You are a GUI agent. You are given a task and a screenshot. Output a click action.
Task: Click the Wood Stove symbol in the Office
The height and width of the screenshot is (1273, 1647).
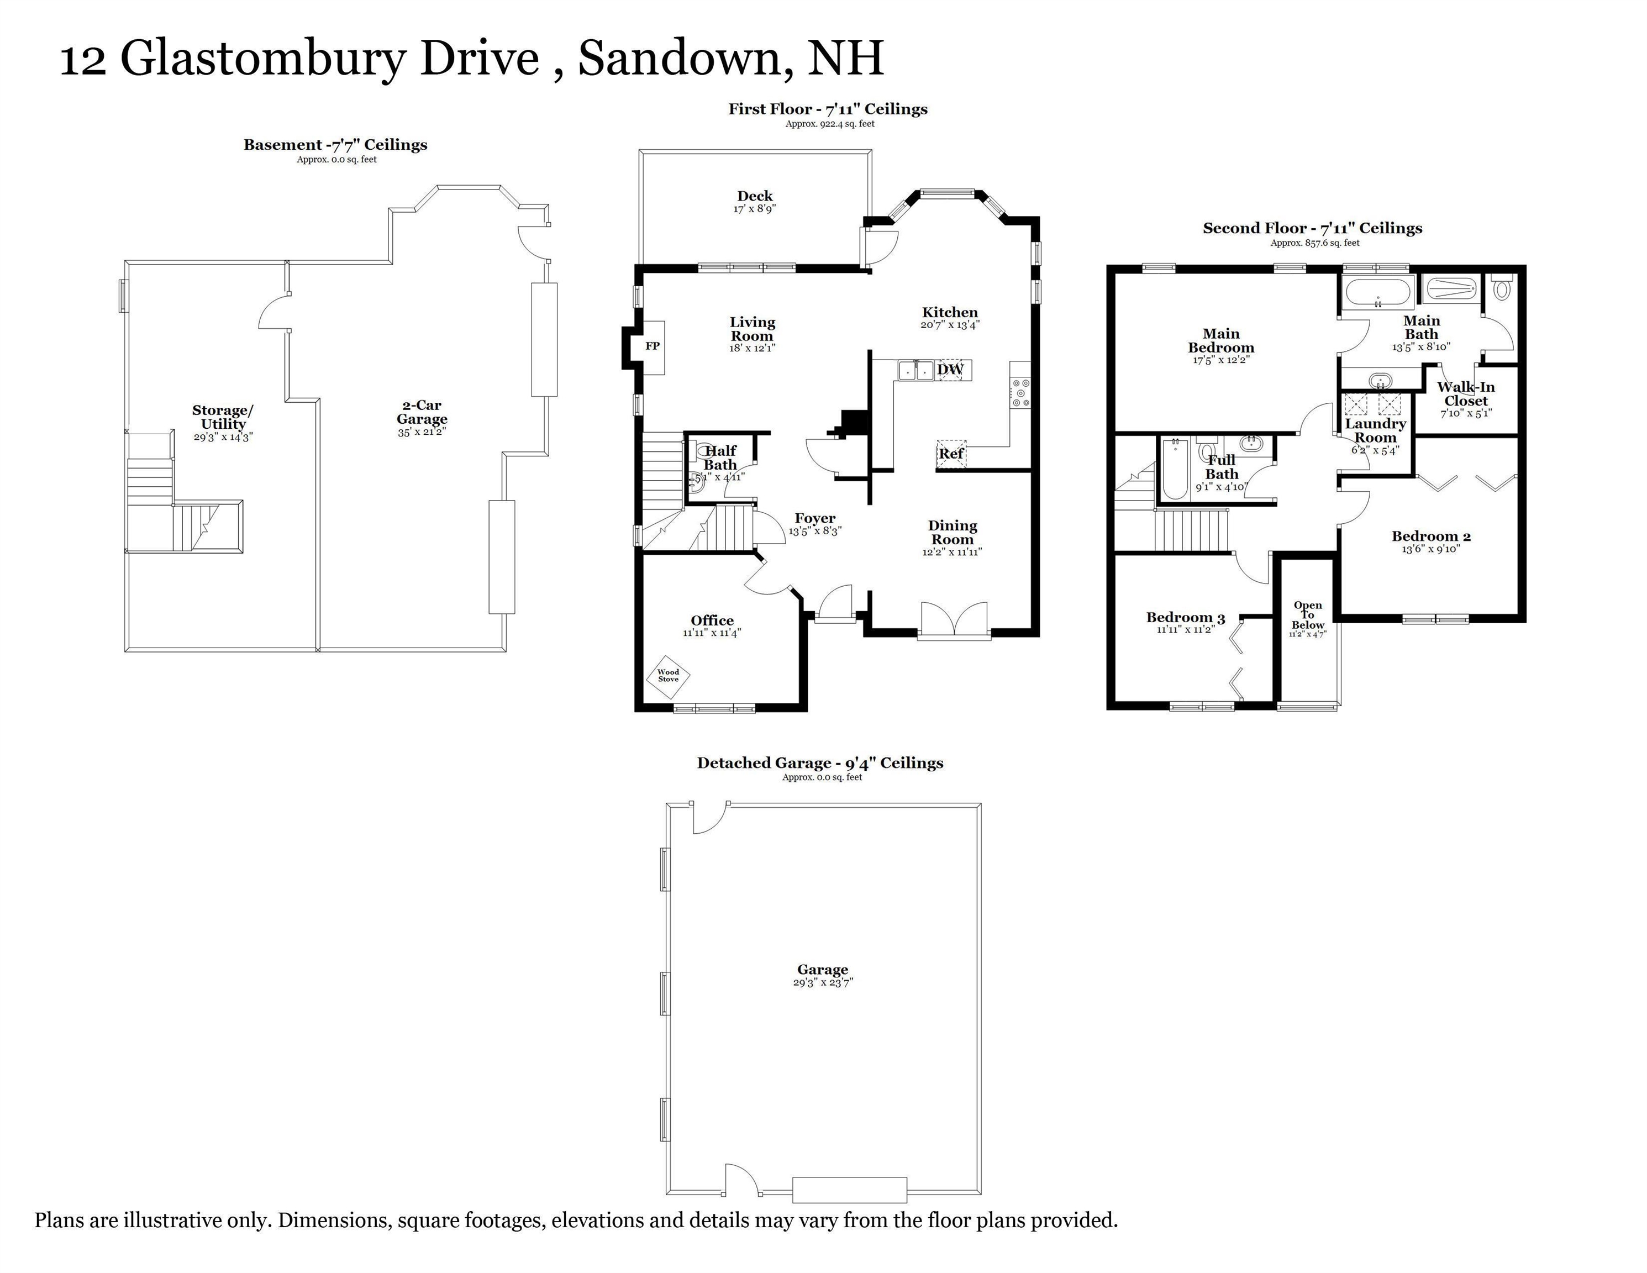(667, 675)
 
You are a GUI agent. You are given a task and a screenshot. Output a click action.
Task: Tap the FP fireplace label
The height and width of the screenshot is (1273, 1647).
(653, 346)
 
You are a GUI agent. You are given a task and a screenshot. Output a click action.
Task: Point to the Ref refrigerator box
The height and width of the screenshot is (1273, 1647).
(951, 454)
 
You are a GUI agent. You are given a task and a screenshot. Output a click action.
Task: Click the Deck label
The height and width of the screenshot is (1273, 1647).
(755, 196)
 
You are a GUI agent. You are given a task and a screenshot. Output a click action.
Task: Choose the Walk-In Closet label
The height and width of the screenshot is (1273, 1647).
(1465, 393)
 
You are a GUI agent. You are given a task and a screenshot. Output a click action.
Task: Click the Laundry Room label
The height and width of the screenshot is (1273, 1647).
(1376, 430)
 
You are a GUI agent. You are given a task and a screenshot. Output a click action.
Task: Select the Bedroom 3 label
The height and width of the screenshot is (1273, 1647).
(1186, 618)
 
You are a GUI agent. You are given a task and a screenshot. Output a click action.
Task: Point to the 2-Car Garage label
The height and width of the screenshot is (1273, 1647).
(422, 413)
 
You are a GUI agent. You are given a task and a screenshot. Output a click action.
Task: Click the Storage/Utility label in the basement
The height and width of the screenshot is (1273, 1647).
(223, 417)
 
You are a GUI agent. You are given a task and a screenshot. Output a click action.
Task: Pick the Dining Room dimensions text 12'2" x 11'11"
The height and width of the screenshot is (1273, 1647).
(952, 552)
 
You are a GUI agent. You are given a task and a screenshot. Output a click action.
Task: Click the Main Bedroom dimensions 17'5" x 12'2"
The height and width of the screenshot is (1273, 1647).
(1221, 360)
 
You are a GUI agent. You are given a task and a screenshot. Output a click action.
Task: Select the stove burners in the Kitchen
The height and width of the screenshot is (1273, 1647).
(1020, 393)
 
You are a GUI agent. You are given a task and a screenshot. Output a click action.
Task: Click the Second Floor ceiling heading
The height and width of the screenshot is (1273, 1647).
(1312, 228)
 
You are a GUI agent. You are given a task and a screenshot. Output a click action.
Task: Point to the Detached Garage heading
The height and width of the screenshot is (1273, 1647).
(820, 763)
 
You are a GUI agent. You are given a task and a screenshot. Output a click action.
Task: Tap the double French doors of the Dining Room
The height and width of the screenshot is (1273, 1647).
(954, 620)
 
